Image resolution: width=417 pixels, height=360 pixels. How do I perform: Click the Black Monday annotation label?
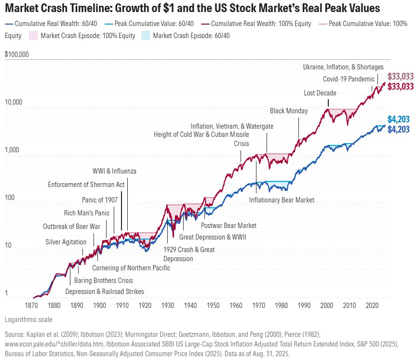(288, 111)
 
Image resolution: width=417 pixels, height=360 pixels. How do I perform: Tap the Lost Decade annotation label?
(320, 93)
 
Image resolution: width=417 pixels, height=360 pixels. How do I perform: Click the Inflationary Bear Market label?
(282, 200)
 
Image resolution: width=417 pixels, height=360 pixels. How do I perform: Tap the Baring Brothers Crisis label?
(103, 280)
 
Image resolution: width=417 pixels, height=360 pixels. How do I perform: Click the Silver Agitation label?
(66, 241)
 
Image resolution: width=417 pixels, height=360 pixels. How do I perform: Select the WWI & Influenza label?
(114, 171)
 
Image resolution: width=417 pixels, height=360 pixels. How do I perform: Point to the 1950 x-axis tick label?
(213, 306)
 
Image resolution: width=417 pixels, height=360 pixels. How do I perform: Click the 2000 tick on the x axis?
(326, 306)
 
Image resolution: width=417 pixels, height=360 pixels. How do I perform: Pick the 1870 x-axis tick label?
(31, 306)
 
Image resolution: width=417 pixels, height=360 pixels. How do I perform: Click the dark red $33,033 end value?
(401, 87)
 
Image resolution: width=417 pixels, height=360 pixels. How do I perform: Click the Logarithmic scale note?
(28, 320)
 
